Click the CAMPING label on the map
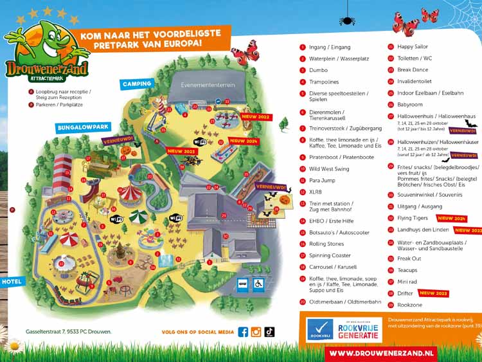tap(137, 84)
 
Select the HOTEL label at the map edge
tap(11, 282)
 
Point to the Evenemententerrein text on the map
tap(208, 85)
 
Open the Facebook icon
tap(243, 332)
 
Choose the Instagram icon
tap(256, 332)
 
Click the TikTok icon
tap(269, 332)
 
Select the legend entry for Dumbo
tap(318, 70)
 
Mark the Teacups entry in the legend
tap(407, 270)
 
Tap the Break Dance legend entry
tap(411, 70)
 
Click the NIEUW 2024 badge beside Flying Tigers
tap(451, 219)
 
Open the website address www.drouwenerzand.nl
tap(382, 353)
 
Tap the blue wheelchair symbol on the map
tap(258, 284)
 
